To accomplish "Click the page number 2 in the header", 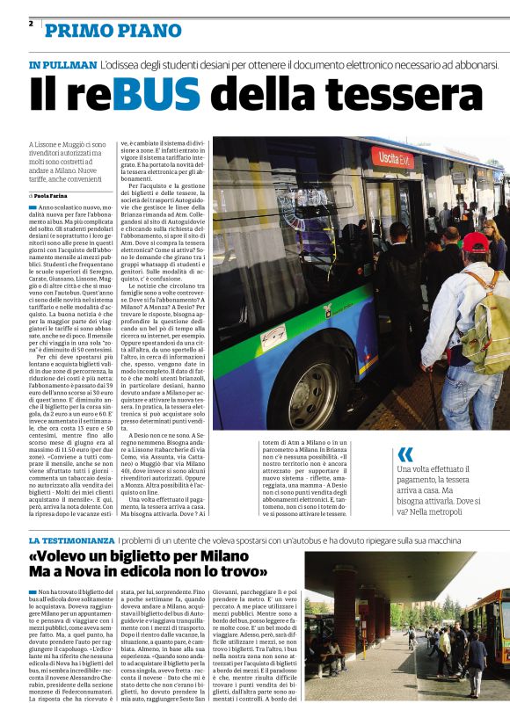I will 31,24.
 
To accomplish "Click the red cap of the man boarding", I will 476,243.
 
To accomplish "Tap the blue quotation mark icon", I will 405,454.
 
